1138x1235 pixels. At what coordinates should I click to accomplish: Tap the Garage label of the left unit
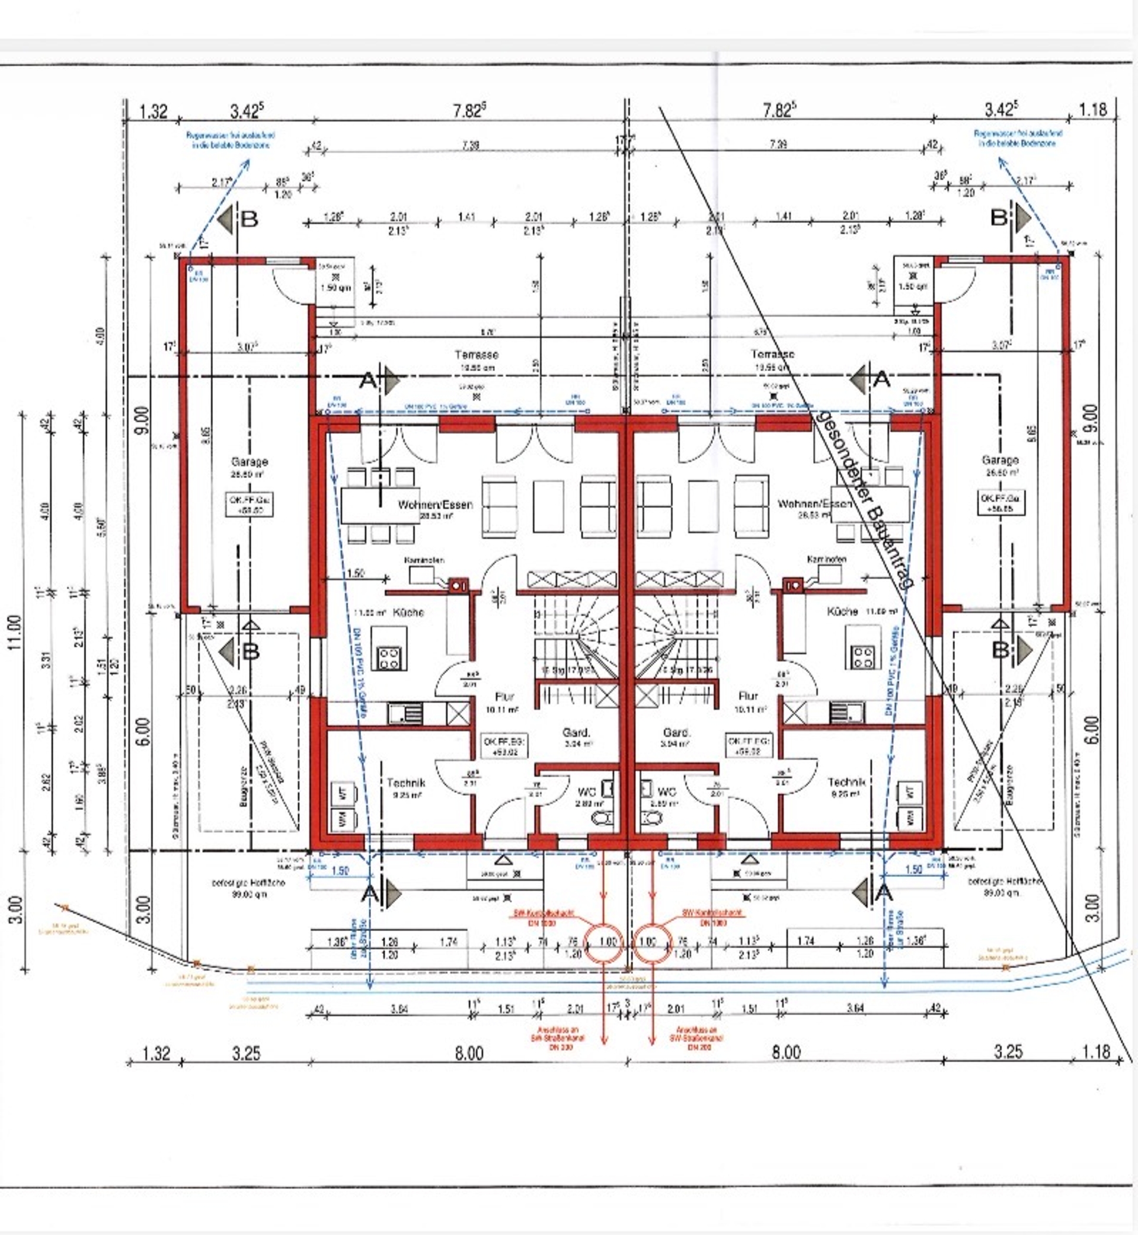250,461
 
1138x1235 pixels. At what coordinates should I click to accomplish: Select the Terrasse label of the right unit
772,354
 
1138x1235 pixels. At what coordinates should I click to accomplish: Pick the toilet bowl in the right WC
648,818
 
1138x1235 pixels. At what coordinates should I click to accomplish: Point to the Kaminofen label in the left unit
424,560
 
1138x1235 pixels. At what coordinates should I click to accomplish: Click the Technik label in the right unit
846,782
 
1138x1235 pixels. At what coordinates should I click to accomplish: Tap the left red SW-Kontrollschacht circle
604,943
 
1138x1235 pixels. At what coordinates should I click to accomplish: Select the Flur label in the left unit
504,697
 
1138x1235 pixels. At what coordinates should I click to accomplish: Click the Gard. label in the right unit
676,732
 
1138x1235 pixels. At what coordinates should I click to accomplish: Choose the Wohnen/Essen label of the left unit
436,505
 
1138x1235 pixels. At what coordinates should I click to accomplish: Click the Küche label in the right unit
842,612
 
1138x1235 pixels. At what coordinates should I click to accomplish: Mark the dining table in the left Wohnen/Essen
378,506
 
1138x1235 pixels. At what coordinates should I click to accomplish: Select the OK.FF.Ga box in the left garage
250,505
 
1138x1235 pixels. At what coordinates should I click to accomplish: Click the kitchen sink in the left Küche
405,714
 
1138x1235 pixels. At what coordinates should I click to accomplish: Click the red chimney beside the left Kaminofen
457,586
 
